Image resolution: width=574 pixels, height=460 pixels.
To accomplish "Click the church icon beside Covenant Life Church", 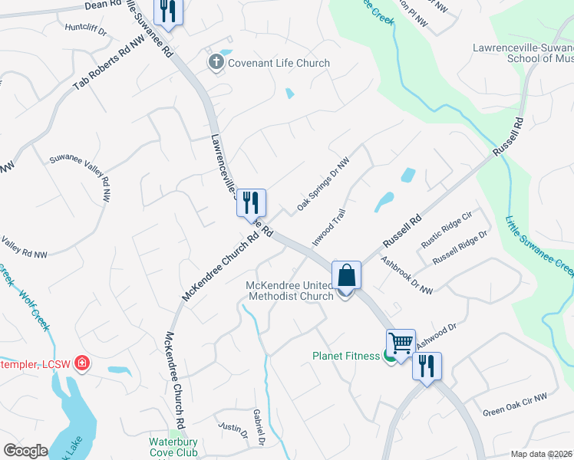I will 216,62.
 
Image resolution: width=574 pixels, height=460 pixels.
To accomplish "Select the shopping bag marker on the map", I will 346,275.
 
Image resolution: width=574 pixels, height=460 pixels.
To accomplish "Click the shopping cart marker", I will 401,343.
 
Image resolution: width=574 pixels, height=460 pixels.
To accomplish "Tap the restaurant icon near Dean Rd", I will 167,11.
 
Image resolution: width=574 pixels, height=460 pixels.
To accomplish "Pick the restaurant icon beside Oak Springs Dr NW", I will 251,203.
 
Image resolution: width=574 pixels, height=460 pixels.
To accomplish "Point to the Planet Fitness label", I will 345,356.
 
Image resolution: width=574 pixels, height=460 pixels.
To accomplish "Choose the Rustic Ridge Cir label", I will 445,231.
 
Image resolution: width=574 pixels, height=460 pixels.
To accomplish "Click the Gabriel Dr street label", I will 259,427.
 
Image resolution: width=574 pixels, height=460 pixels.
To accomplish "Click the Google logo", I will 26,451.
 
